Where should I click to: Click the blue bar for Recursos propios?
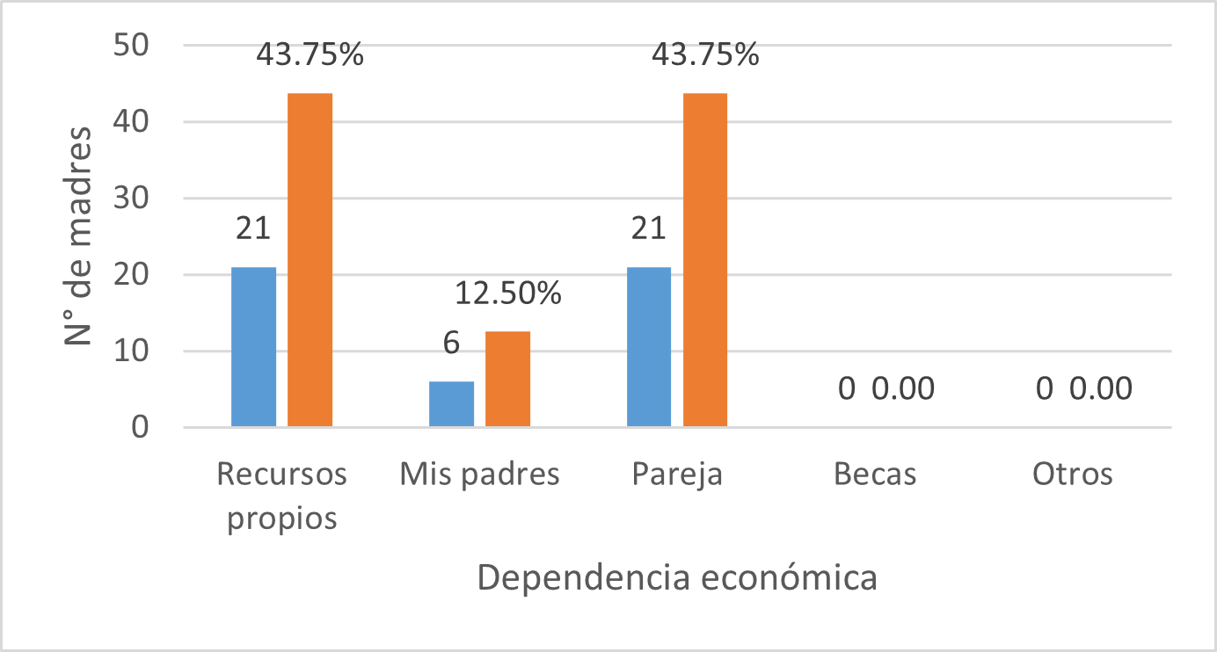253,347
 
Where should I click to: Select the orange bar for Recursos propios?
310,260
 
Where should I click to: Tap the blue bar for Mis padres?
451,404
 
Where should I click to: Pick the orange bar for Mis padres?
507,380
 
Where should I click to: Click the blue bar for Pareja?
649,347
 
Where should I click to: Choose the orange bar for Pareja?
705,260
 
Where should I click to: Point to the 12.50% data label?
508,293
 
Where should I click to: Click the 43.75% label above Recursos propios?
310,54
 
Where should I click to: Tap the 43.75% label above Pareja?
705,54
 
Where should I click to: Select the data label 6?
451,343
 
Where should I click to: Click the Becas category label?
874,475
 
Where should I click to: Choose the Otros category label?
1072,475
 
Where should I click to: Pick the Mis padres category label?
479,475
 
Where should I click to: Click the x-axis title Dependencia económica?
677,578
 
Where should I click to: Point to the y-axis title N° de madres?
79,235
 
